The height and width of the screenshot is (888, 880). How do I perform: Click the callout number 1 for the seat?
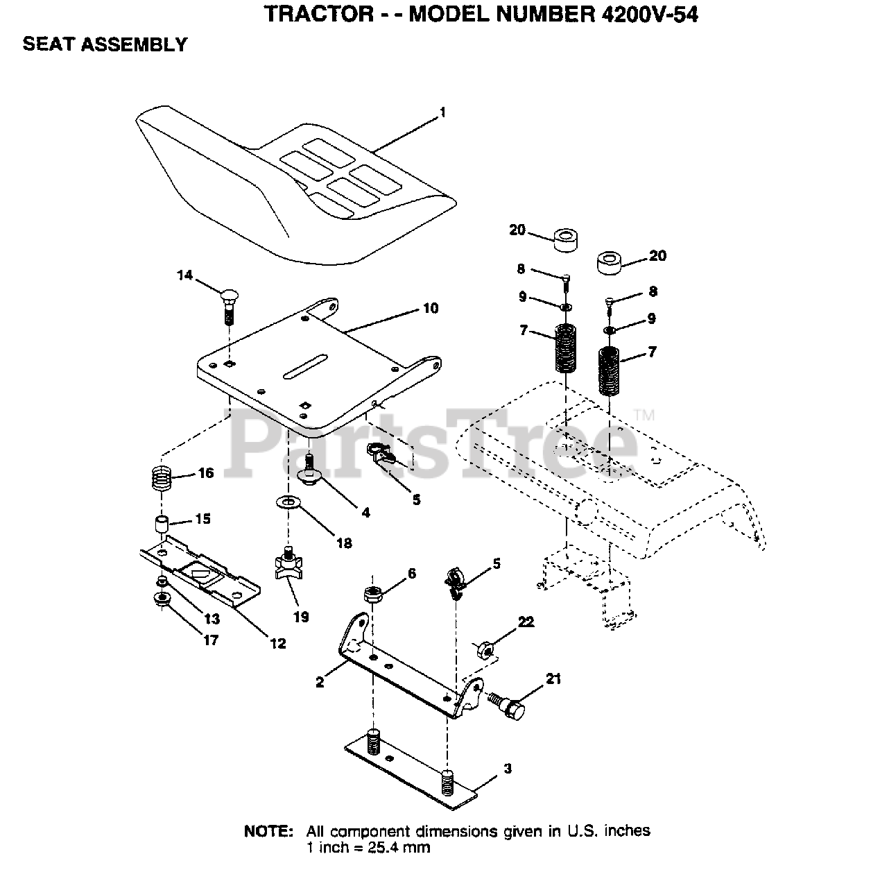442,112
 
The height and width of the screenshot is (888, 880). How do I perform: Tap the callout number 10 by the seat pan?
431,308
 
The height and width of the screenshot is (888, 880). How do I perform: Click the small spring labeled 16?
161,477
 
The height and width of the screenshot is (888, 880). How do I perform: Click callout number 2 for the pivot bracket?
319,682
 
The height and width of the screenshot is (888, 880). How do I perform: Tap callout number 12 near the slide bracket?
277,644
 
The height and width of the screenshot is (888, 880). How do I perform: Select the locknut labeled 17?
162,599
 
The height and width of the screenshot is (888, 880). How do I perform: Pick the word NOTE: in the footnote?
268,831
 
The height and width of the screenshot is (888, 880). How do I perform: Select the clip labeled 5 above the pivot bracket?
454,580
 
